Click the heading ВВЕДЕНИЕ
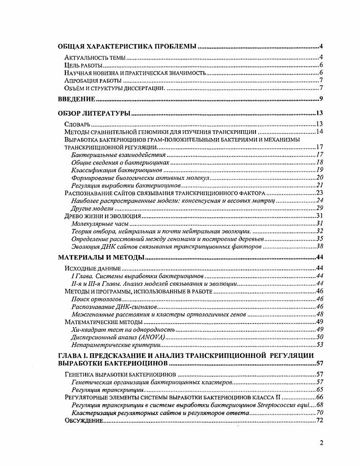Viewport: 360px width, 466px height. point(77,99)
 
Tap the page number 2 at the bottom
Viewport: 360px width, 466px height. point(321,443)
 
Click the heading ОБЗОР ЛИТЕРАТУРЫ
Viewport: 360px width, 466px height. point(95,112)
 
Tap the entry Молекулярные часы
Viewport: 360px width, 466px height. point(100,223)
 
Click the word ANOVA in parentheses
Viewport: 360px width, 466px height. point(152,337)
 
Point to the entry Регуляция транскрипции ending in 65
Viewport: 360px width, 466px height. point(108,389)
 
